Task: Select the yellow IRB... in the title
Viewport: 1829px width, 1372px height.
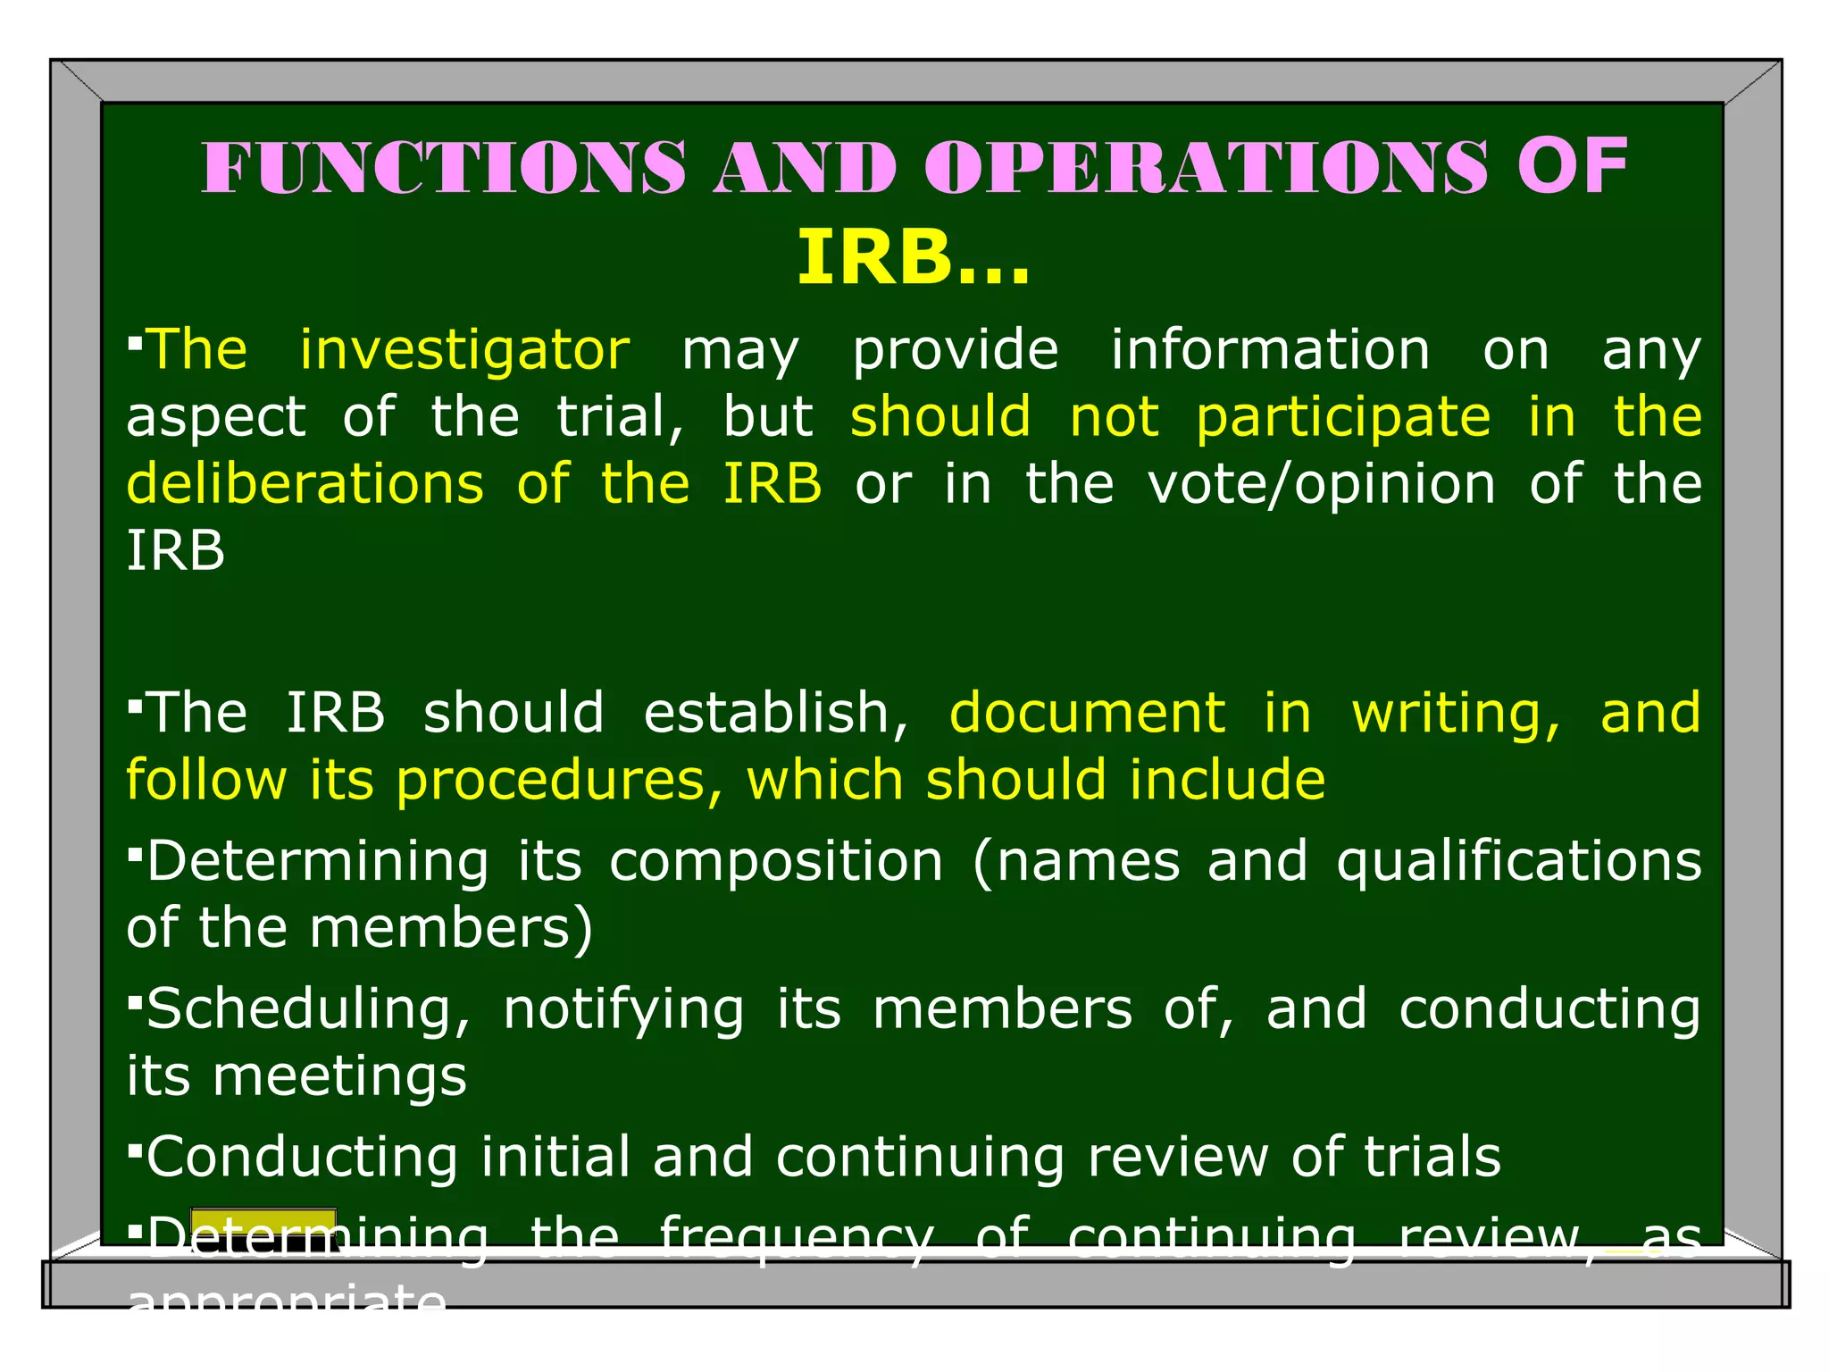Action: [913, 258]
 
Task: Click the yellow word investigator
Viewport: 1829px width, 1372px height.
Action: [464, 349]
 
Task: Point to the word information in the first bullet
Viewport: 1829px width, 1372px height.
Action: [1270, 349]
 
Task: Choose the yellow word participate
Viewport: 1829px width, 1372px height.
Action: [1343, 416]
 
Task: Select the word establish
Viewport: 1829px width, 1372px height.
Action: [775, 713]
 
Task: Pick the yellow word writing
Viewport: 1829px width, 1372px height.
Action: [1456, 713]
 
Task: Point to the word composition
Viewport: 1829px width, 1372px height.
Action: [776, 861]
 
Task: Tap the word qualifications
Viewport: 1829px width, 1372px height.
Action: [1519, 861]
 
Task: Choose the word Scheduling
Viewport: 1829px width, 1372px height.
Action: [309, 1009]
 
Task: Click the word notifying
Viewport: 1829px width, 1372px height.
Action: [623, 1009]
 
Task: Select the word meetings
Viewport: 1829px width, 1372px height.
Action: [339, 1075]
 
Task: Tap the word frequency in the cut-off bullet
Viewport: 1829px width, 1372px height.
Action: [796, 1238]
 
